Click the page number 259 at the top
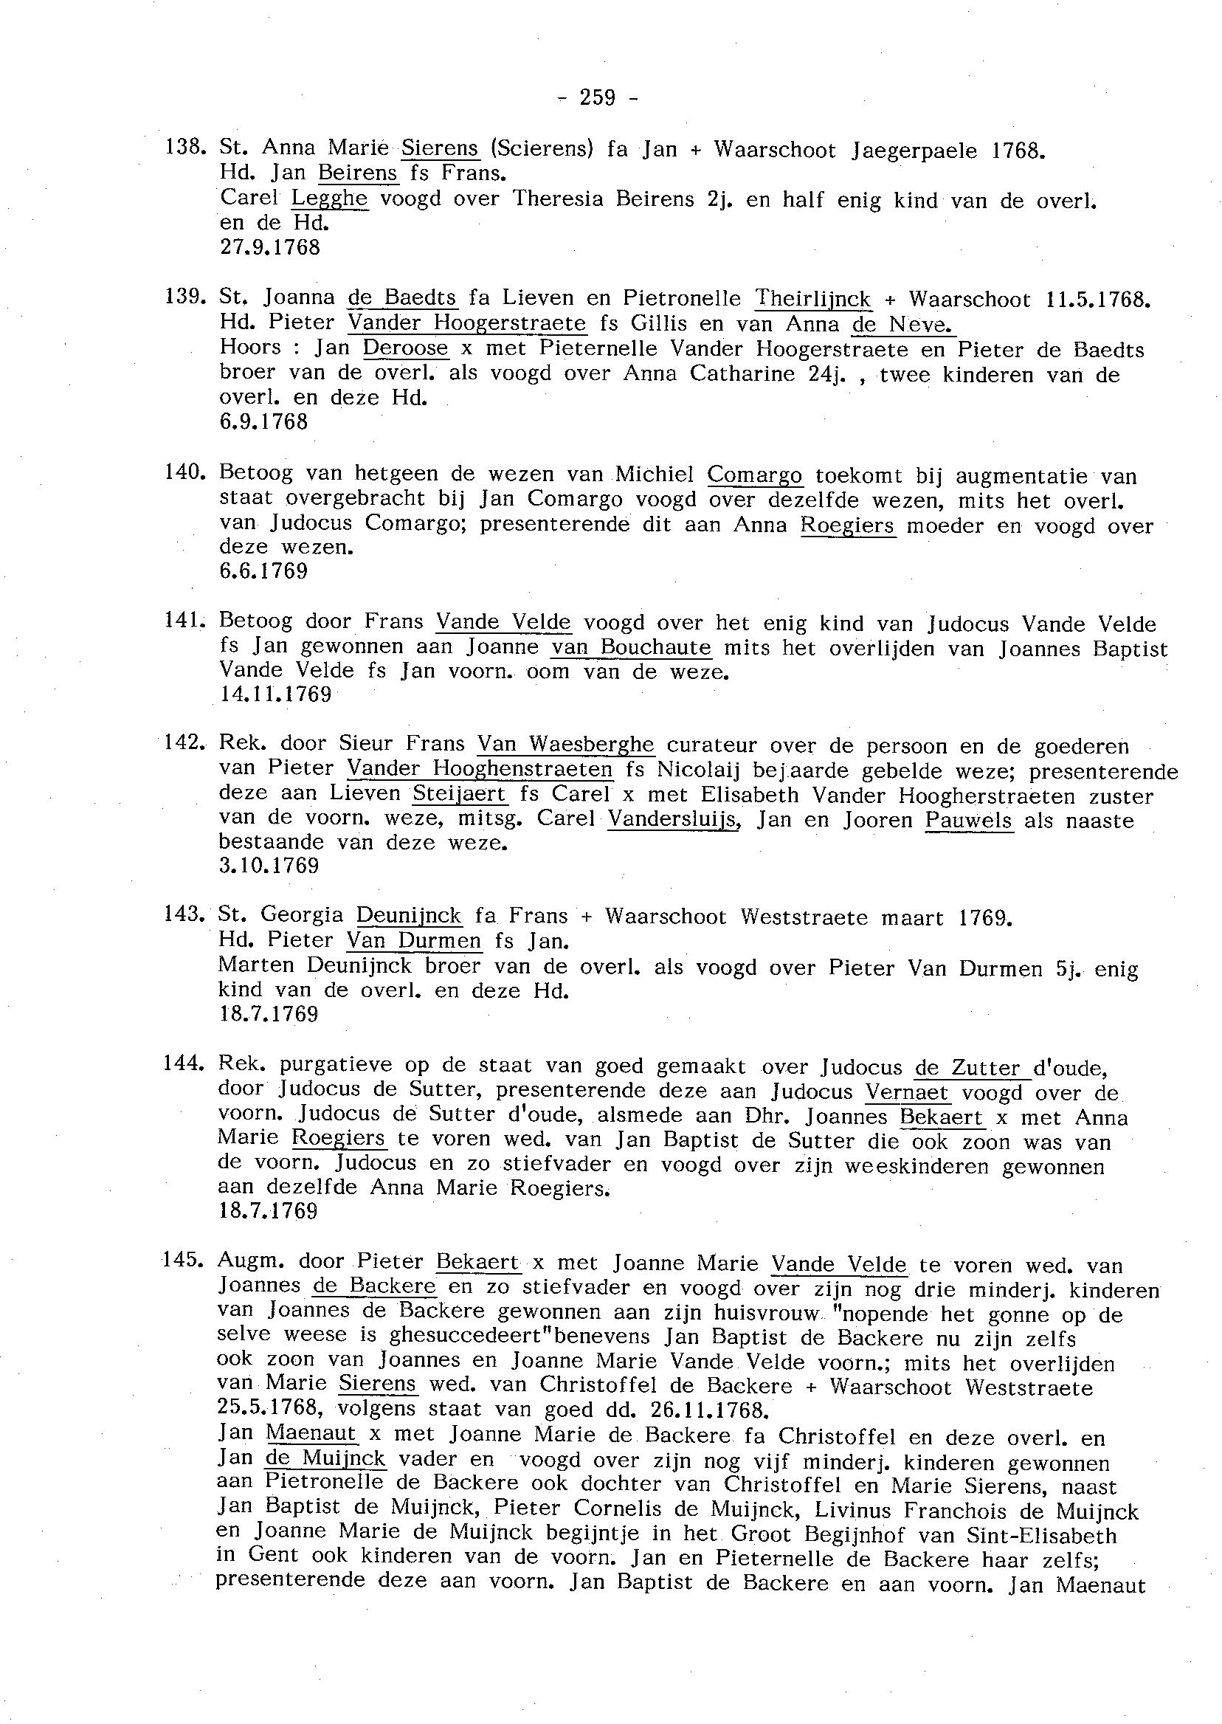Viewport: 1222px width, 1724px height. tap(598, 97)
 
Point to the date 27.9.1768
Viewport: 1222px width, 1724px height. tap(269, 246)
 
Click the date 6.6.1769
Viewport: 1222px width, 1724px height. tap(263, 570)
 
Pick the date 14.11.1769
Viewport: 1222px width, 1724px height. tap(275, 693)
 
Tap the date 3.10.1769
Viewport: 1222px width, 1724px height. tap(269, 866)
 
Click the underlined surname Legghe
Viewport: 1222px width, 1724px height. tap(330, 199)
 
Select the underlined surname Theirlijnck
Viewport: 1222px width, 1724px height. tap(812, 299)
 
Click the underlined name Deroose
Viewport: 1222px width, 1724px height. tap(406, 348)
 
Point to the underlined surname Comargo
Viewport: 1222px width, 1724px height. tap(755, 475)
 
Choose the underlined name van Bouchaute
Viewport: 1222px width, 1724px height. tap(632, 646)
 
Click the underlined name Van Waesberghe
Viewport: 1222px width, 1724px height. tap(566, 744)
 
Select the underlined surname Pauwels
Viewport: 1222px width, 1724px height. tap(968, 818)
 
